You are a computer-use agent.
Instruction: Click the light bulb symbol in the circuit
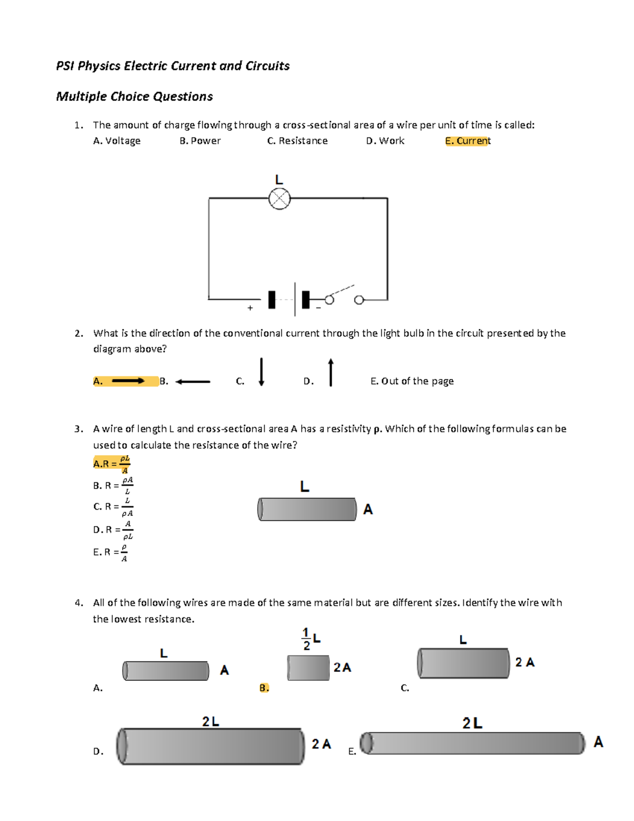pos(279,199)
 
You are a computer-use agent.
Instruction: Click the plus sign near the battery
pos(250,308)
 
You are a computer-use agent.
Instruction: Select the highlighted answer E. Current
pos(468,141)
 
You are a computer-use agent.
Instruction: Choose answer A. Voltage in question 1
pos(117,141)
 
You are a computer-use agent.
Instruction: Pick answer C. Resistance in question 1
pos(297,141)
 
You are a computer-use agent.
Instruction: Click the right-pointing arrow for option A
pos(128,381)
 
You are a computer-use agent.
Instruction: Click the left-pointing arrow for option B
pos(193,381)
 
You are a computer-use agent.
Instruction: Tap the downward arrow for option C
pos(261,372)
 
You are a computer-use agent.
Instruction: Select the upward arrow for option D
pos(331,372)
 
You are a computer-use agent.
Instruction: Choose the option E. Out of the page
pos(412,381)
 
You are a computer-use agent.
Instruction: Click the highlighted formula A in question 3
pos(111,464)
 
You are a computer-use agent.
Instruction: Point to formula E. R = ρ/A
pos(110,552)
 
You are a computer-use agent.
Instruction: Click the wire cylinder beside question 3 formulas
pos(307,509)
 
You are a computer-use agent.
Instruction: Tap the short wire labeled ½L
pos(308,668)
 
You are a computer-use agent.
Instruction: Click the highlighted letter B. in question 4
pos(264,688)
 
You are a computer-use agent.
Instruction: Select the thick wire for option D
pos(211,746)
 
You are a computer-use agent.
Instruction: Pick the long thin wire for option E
pos(473,743)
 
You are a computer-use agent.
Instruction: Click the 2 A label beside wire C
pos(525,662)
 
